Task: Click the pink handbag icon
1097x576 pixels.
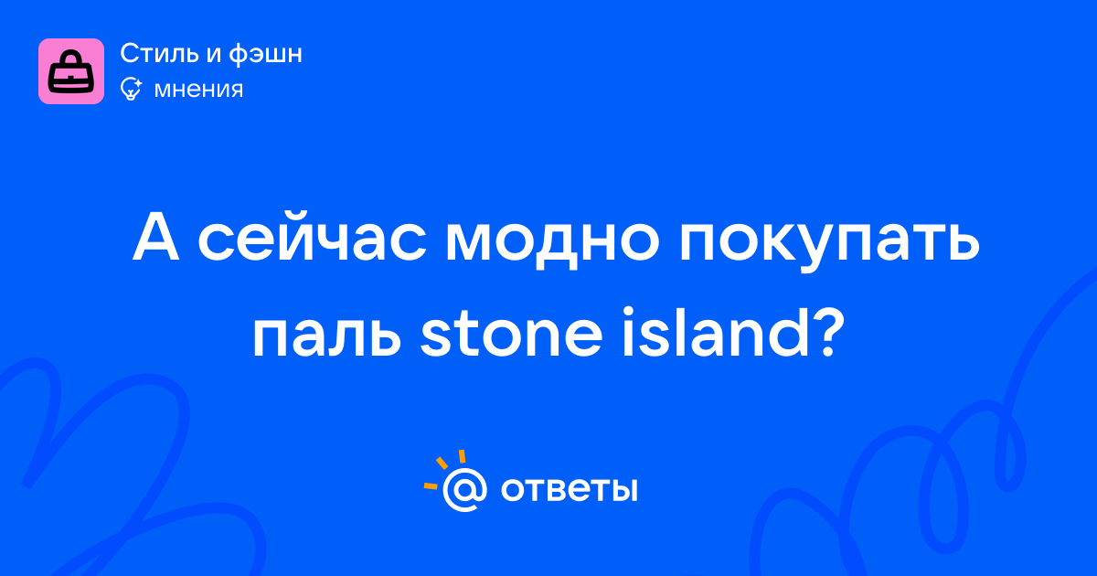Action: pyautogui.click(x=71, y=71)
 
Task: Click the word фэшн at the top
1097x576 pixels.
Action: pyautogui.click(x=265, y=54)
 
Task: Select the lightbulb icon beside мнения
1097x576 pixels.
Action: pyautogui.click(x=131, y=89)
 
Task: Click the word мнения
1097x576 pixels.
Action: pyautogui.click(x=198, y=90)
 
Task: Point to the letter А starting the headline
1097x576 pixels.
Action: pyautogui.click(x=155, y=237)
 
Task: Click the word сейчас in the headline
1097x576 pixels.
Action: pyautogui.click(x=312, y=237)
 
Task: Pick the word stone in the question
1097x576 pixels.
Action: pyautogui.click(x=511, y=333)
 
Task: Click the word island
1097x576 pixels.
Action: pyautogui.click(x=716, y=332)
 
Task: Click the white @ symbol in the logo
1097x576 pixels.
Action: pyautogui.click(x=464, y=489)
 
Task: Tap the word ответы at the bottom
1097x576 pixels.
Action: pyautogui.click(x=569, y=489)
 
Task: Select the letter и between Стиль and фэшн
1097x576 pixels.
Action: pyautogui.click(x=213, y=55)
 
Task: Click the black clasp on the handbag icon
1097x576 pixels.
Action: pyautogui.click(x=71, y=79)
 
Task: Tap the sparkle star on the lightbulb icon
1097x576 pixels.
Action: pyautogui.click(x=138, y=83)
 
